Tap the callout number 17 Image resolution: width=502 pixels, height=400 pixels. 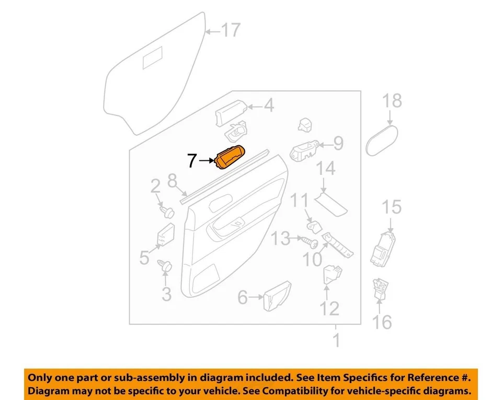pos(230,31)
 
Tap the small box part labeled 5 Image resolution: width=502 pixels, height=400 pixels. pos(167,236)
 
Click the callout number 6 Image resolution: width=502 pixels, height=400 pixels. pos(242,298)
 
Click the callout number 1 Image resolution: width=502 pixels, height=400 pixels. pos(336,341)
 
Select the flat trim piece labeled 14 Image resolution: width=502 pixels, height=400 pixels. pos(332,203)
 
